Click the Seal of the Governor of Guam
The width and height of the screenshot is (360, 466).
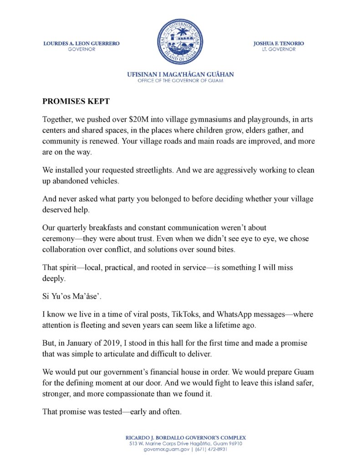180,42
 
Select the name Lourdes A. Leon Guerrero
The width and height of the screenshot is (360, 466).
81,44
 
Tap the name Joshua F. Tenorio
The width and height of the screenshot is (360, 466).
279,44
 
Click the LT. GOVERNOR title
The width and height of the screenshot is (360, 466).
279,49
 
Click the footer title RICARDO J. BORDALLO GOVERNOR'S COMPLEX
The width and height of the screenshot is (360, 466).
180,437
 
